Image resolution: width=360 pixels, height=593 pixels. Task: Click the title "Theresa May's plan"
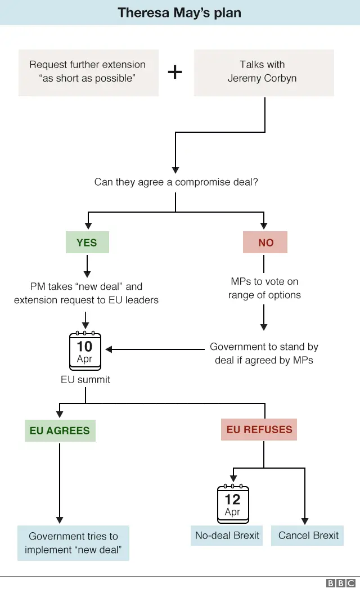click(179, 13)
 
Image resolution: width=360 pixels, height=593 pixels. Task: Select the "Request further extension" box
click(88, 72)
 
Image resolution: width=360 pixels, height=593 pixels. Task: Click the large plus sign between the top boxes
click(175, 72)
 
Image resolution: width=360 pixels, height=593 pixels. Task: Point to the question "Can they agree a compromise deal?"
click(176, 182)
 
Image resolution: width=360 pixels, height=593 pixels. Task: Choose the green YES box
click(87, 242)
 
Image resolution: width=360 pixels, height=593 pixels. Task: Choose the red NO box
click(265, 242)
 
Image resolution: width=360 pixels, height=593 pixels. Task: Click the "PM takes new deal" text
click(86, 293)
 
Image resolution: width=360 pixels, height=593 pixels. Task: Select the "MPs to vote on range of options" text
click(264, 288)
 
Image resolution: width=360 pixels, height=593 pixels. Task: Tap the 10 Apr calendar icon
click(84, 350)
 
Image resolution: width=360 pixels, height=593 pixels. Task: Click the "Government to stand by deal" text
click(264, 353)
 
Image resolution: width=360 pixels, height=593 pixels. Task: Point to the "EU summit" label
click(85, 380)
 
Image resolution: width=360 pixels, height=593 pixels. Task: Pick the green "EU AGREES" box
click(60, 431)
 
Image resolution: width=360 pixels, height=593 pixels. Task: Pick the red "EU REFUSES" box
click(259, 430)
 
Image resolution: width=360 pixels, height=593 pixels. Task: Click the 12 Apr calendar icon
click(232, 503)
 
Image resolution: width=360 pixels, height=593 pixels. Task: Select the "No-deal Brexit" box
click(227, 535)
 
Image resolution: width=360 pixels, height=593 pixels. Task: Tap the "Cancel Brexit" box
click(308, 535)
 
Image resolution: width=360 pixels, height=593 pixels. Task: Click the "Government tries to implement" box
click(73, 543)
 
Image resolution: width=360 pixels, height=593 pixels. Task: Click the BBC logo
click(341, 584)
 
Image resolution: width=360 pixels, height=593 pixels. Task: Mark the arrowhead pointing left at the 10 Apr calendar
click(109, 349)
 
